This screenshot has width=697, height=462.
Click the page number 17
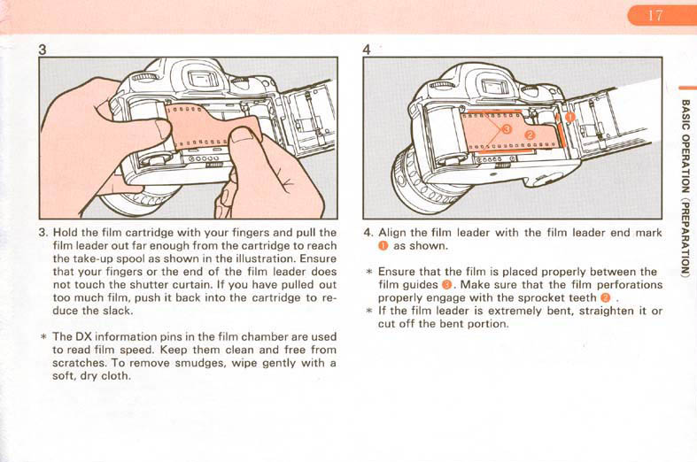point(654,16)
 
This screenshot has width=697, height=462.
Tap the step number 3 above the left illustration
point(43,50)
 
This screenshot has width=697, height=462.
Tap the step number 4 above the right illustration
point(367,50)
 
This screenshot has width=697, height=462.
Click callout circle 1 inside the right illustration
point(569,117)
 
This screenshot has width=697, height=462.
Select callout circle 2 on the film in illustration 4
point(530,135)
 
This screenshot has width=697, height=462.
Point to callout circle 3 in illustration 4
point(506,129)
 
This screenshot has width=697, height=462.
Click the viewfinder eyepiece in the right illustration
point(494,86)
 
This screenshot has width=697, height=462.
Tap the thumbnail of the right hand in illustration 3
point(244,135)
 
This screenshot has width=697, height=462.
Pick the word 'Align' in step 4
point(391,233)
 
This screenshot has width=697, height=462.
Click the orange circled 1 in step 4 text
point(383,246)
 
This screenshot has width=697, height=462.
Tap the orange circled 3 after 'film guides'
point(446,285)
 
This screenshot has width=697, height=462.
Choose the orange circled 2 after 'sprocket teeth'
point(605,298)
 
